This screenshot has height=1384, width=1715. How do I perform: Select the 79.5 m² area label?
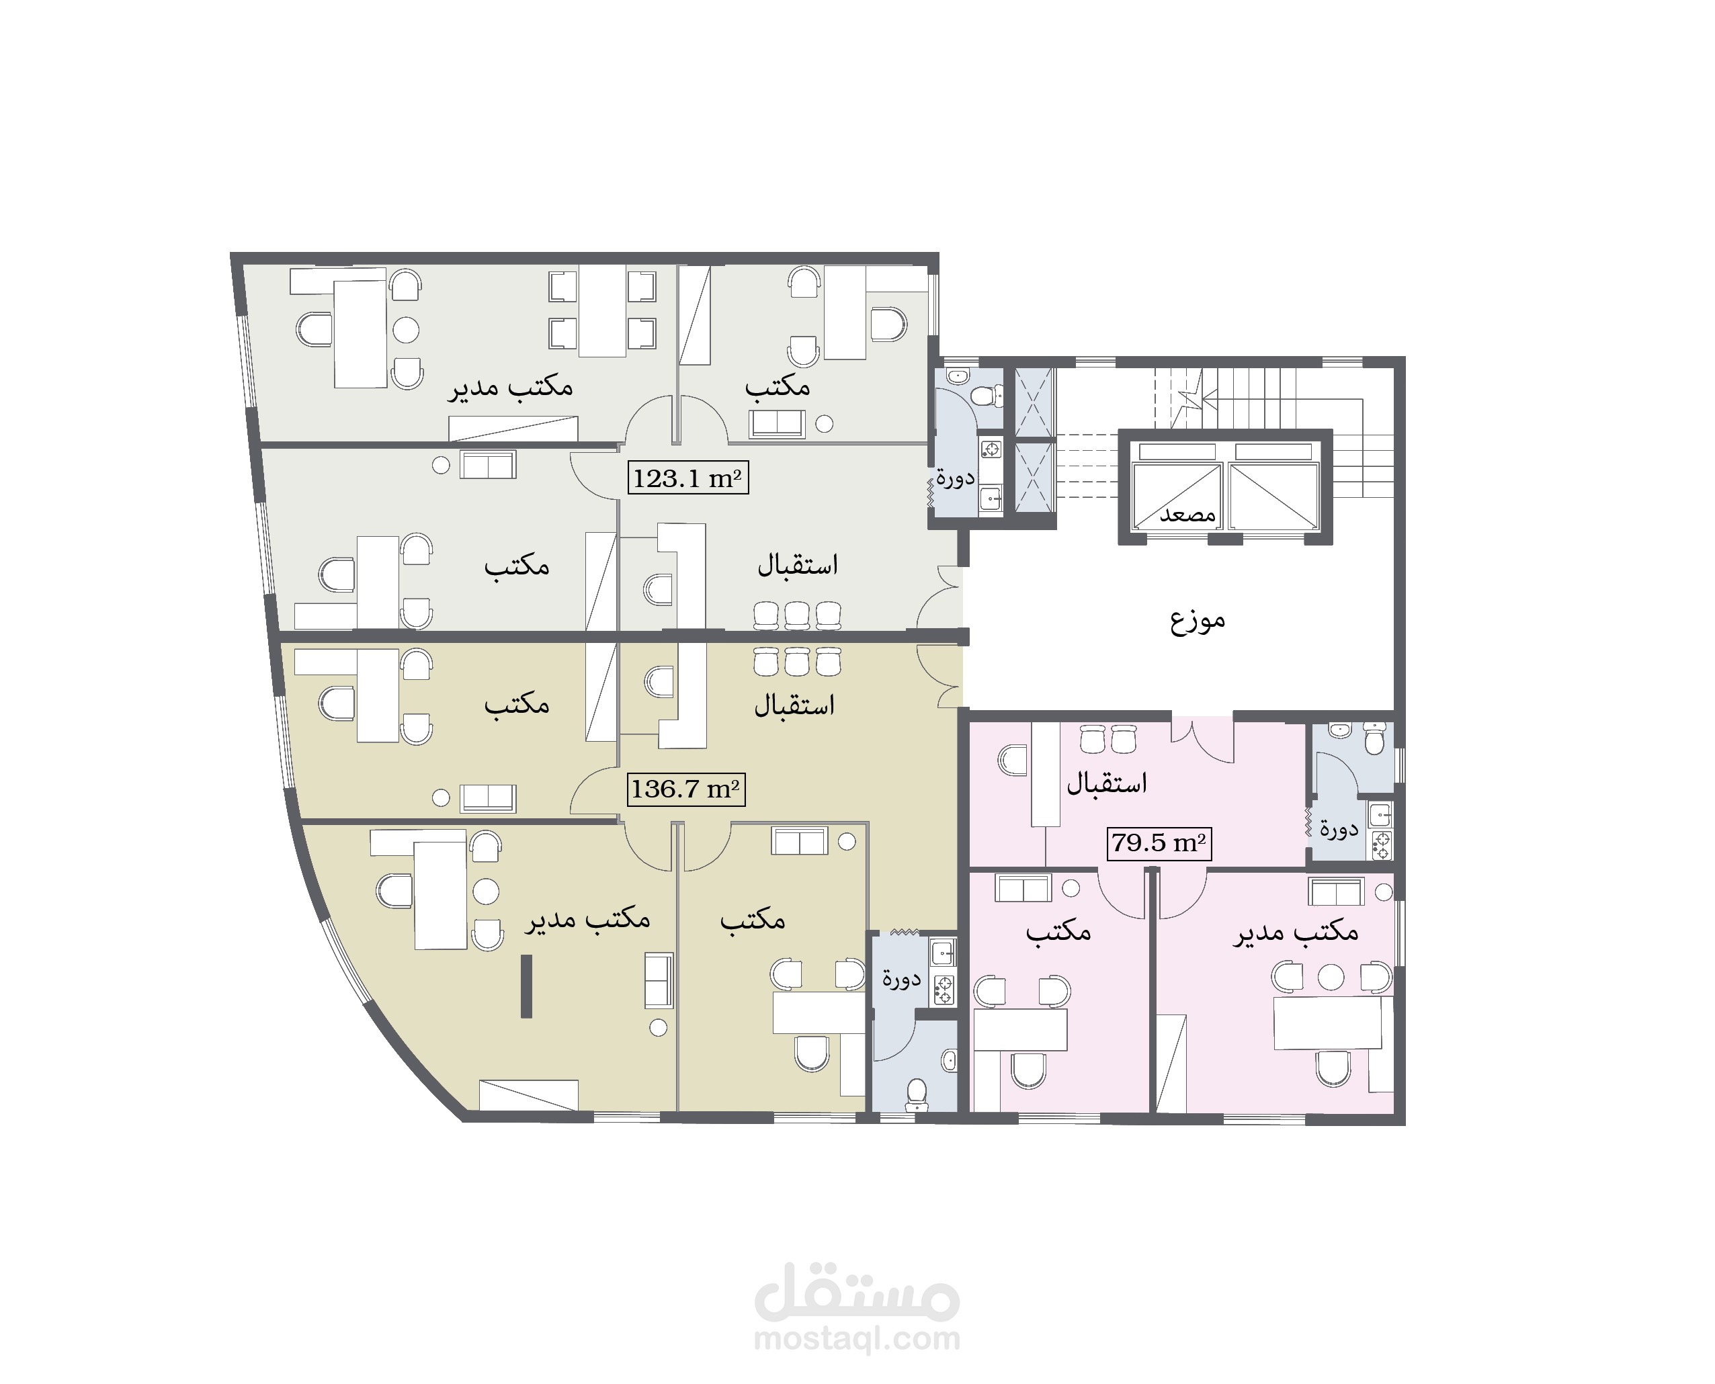tap(1159, 842)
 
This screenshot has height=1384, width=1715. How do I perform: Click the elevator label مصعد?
tap(1187, 514)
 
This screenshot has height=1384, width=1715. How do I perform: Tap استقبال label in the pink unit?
tap(1107, 783)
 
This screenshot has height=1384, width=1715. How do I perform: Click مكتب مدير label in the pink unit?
tap(1296, 931)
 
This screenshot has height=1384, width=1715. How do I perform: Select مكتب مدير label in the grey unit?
tap(510, 387)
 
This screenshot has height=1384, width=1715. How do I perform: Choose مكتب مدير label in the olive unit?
tap(587, 919)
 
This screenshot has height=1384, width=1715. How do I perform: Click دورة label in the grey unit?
tap(955, 478)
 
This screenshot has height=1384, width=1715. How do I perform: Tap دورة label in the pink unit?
tap(1339, 829)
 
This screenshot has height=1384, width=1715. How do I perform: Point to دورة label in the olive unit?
tap(902, 978)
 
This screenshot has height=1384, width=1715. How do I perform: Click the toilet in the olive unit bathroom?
tap(917, 1094)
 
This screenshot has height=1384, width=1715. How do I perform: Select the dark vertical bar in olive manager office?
tap(526, 986)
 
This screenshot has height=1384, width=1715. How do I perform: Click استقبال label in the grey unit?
tap(797, 564)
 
